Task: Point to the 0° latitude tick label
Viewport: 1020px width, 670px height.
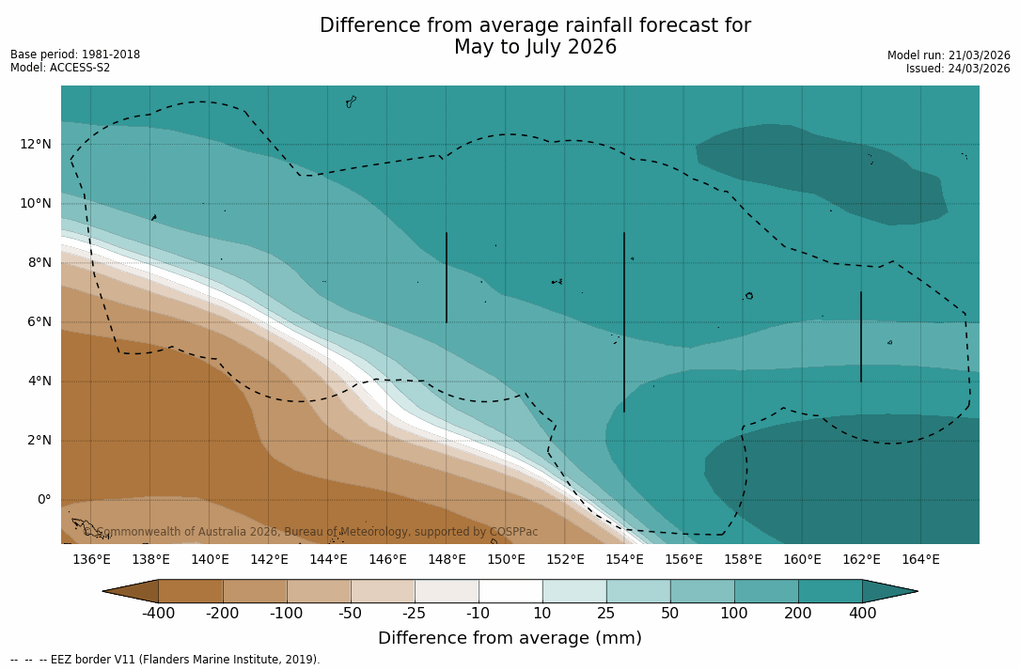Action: [43, 499]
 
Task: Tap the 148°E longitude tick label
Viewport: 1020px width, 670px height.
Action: [447, 560]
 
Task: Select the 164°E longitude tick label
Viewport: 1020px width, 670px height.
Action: [920, 560]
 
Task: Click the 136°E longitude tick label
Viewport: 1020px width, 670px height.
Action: [91, 560]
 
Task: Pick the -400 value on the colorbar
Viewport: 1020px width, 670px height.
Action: [159, 614]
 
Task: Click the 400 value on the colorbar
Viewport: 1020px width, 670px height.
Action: [862, 614]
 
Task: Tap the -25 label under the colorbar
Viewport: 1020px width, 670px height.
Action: [415, 614]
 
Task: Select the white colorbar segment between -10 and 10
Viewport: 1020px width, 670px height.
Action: [510, 591]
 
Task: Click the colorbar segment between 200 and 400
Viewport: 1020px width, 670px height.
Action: [830, 591]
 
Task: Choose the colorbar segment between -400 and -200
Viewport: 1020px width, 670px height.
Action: [191, 591]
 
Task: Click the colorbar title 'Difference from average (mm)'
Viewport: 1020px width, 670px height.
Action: [510, 639]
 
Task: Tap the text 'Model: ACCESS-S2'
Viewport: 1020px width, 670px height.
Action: [60, 68]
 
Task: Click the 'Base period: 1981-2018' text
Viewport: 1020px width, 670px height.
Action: [75, 55]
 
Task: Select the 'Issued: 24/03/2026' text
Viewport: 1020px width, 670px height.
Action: [958, 69]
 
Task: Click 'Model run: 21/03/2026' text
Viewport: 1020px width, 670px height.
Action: [949, 55]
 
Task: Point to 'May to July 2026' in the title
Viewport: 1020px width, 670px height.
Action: [535, 47]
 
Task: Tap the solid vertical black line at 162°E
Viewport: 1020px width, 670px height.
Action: [860, 336]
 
